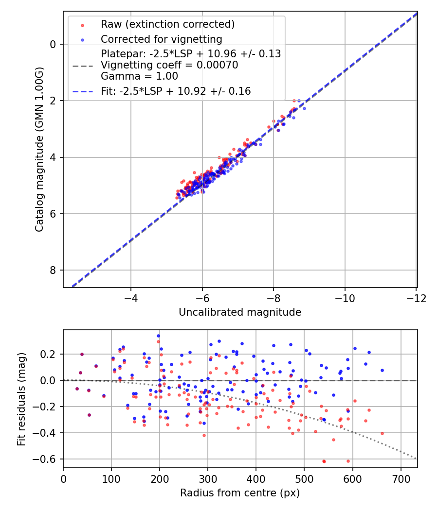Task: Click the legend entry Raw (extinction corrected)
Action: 167,24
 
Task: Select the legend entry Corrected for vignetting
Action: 161,39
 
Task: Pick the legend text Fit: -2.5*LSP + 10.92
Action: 176,91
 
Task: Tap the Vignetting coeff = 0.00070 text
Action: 169,65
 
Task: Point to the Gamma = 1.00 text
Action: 139,76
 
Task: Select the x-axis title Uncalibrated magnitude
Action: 240,312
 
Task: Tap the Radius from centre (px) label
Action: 240,493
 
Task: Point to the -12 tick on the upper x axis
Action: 417,297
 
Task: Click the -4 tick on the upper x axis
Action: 130,297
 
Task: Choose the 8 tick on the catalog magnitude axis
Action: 54,270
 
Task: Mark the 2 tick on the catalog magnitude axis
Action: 54,101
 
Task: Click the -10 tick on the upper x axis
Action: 345,297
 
